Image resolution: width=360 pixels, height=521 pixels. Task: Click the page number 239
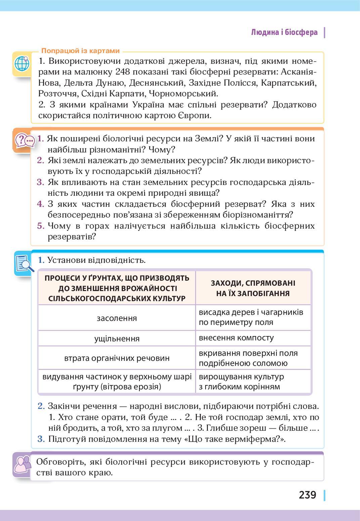(x=307, y=495)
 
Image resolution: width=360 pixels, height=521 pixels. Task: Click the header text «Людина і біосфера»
(x=284, y=33)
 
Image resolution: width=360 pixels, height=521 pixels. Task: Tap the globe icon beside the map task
(x=22, y=63)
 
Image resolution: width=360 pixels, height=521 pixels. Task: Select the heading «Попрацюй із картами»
(x=80, y=51)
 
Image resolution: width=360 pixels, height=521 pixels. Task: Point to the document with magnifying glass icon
(x=24, y=264)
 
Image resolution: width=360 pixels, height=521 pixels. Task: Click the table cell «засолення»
(x=117, y=318)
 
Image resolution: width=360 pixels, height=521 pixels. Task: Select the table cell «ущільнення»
(x=117, y=338)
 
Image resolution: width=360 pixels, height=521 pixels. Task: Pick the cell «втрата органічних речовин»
(x=117, y=358)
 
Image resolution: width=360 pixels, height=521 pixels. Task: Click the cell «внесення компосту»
(x=236, y=338)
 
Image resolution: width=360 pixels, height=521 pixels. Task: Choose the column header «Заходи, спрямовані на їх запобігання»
(x=253, y=288)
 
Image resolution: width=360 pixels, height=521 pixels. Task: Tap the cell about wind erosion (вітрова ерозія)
(x=117, y=382)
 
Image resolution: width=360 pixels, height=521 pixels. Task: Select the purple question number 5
(x=41, y=226)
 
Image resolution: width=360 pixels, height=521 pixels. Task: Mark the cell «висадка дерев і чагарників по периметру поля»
(x=251, y=317)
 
